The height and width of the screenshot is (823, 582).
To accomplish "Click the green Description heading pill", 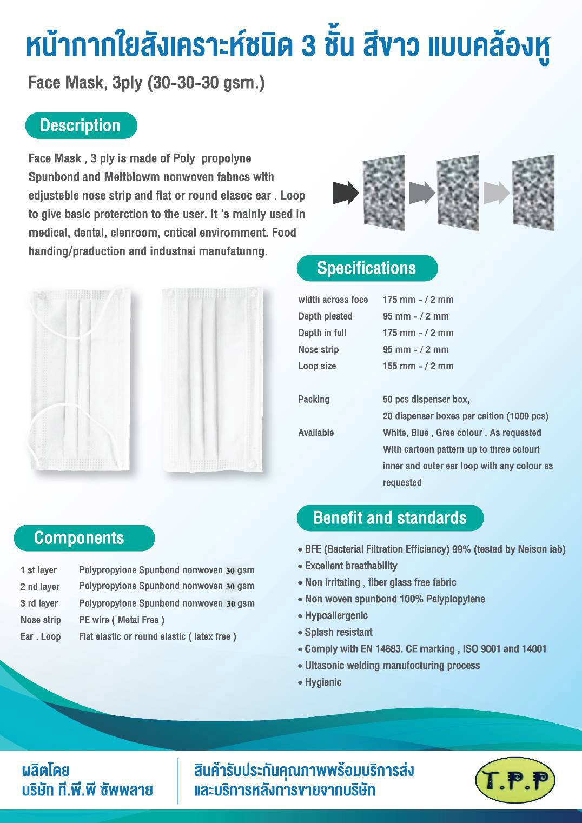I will click(81, 125).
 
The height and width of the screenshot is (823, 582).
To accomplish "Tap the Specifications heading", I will click(367, 268).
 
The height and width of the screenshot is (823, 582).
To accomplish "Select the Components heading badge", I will click(84, 538).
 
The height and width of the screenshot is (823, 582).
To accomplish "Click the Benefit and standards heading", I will click(389, 518).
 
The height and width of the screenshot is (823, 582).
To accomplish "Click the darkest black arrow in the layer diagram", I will click(346, 193).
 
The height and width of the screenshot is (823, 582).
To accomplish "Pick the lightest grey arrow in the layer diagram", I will click(496, 193).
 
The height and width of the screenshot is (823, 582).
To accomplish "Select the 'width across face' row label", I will click(333, 300).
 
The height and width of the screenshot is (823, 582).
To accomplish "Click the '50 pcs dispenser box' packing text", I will click(426, 400).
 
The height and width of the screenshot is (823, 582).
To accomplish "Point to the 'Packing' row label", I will click(314, 400).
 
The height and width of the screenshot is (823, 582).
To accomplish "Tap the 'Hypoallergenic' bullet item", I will click(336, 616).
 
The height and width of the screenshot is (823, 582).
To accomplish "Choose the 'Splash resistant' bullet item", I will click(338, 633).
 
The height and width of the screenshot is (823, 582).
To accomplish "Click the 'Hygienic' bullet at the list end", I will click(323, 682).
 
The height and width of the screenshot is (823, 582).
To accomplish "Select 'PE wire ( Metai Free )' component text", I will click(122, 620).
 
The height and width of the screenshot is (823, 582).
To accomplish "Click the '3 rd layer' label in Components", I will click(39, 603).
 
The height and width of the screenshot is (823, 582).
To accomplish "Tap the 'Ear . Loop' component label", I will click(41, 637).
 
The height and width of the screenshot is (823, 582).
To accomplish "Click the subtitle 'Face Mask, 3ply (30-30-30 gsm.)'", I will click(146, 83).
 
